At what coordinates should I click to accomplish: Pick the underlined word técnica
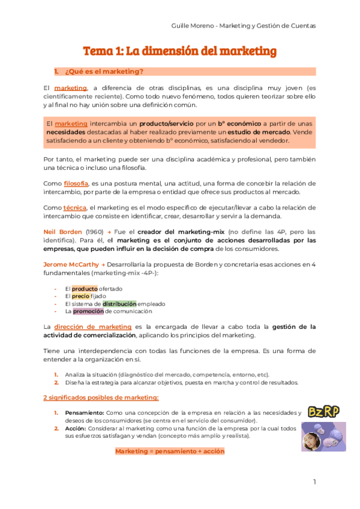click(x=74, y=207)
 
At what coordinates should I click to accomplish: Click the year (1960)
click(x=95, y=232)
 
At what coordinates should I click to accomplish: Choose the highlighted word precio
click(x=80, y=296)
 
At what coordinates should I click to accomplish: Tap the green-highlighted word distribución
click(x=119, y=304)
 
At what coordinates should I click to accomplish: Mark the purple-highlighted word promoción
click(x=88, y=311)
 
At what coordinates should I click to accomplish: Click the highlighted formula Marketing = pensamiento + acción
click(x=170, y=451)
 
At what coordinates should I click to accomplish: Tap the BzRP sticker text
click(x=324, y=411)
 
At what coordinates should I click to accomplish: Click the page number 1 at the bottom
click(x=314, y=482)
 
